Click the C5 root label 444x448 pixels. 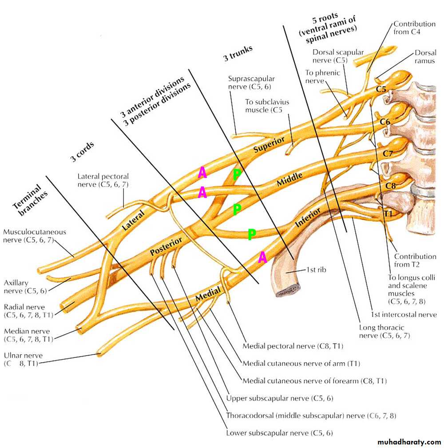[x=381, y=89]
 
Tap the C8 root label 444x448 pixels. [x=390, y=186]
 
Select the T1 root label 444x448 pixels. [x=388, y=214]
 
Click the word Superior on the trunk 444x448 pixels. [x=269, y=146]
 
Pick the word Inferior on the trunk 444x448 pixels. [x=308, y=218]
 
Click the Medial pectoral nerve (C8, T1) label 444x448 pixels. [x=293, y=346]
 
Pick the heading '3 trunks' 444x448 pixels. [x=238, y=53]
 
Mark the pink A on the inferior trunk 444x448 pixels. [x=262, y=257]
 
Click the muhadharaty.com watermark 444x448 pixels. [x=409, y=442]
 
